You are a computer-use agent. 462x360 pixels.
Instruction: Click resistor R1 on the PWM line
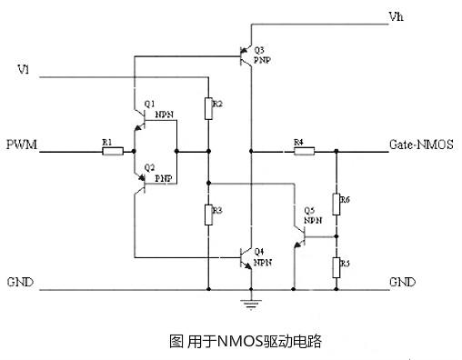[x=112, y=151]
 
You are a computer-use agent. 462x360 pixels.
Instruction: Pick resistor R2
[x=208, y=107]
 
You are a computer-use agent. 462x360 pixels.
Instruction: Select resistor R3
[x=208, y=215]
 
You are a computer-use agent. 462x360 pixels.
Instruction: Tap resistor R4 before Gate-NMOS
[x=304, y=151]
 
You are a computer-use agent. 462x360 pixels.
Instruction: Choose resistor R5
[x=336, y=265]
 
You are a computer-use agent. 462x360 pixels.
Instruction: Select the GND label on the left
[x=20, y=282]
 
